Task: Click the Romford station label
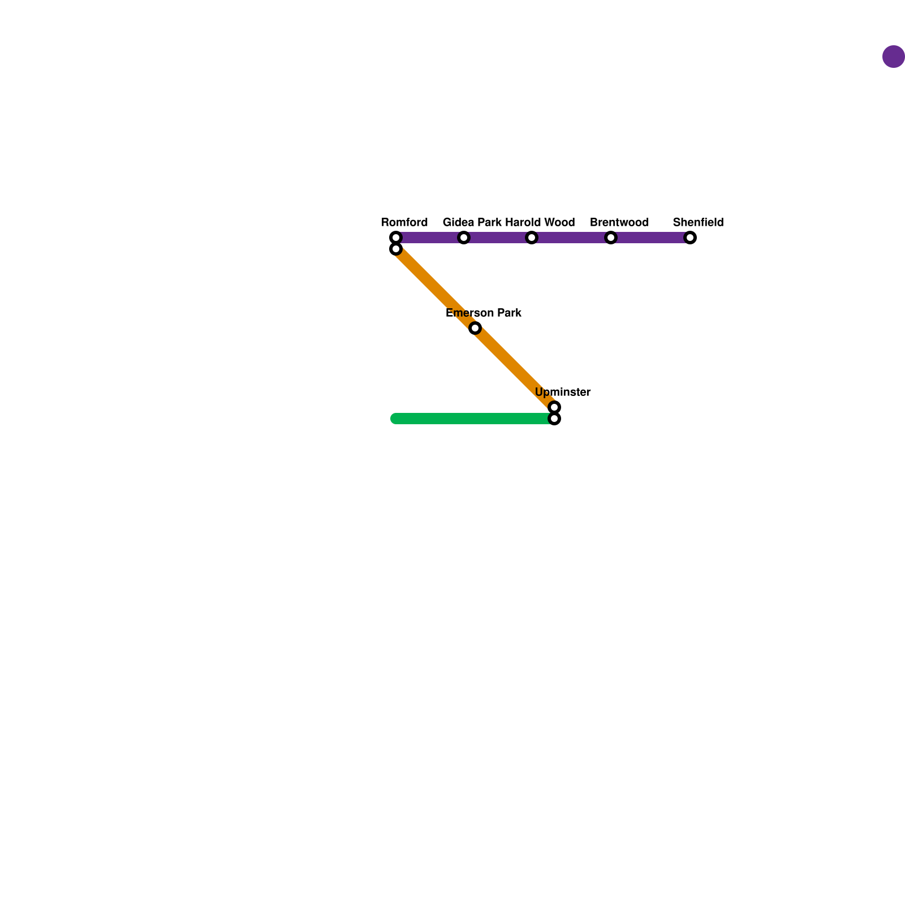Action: (x=404, y=222)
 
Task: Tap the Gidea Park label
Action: (x=472, y=222)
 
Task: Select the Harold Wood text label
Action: (x=540, y=222)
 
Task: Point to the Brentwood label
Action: (x=619, y=222)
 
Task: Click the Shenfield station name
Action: (x=698, y=222)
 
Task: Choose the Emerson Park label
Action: (x=484, y=313)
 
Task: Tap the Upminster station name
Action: (x=562, y=392)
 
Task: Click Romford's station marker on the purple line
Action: (x=396, y=238)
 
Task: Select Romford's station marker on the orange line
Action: (x=396, y=249)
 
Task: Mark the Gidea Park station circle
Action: (x=464, y=238)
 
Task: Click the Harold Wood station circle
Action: (x=532, y=238)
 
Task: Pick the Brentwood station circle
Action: (x=611, y=238)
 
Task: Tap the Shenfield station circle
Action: (x=690, y=238)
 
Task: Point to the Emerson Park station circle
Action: (x=475, y=328)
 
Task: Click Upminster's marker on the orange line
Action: (x=554, y=407)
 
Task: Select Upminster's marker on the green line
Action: (x=554, y=419)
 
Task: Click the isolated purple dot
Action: (x=894, y=57)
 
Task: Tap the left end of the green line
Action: (x=395, y=419)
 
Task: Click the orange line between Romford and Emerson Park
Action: (x=436, y=288)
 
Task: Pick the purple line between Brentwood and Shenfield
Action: (x=650, y=238)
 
